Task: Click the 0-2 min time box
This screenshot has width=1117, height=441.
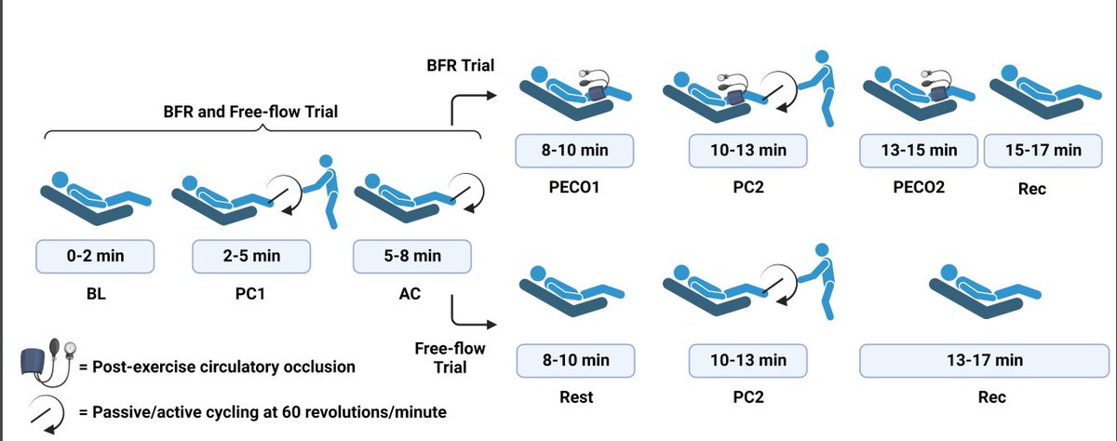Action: coord(95,256)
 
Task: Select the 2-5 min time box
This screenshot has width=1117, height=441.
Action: coord(251,256)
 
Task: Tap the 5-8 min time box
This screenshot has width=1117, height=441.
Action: coord(411,256)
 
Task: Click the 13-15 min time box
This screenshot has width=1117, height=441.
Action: coord(919,151)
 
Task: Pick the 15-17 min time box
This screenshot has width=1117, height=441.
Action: coord(1043,151)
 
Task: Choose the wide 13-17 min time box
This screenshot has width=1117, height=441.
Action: coord(985,360)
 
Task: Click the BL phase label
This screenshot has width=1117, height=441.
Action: coord(96,293)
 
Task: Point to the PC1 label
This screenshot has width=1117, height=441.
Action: coord(249,293)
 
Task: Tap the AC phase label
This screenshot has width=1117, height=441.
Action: coord(410,293)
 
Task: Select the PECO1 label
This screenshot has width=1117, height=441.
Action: coord(574,187)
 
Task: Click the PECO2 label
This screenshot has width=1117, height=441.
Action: coord(919,187)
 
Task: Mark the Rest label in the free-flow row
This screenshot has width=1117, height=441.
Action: coord(576,397)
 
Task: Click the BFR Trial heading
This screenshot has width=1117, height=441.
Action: coord(460,65)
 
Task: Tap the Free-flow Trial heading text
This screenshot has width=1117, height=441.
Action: coord(450,358)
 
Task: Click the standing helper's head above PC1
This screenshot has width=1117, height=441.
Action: coord(326,161)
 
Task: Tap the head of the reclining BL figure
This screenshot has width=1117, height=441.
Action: coord(60,180)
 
